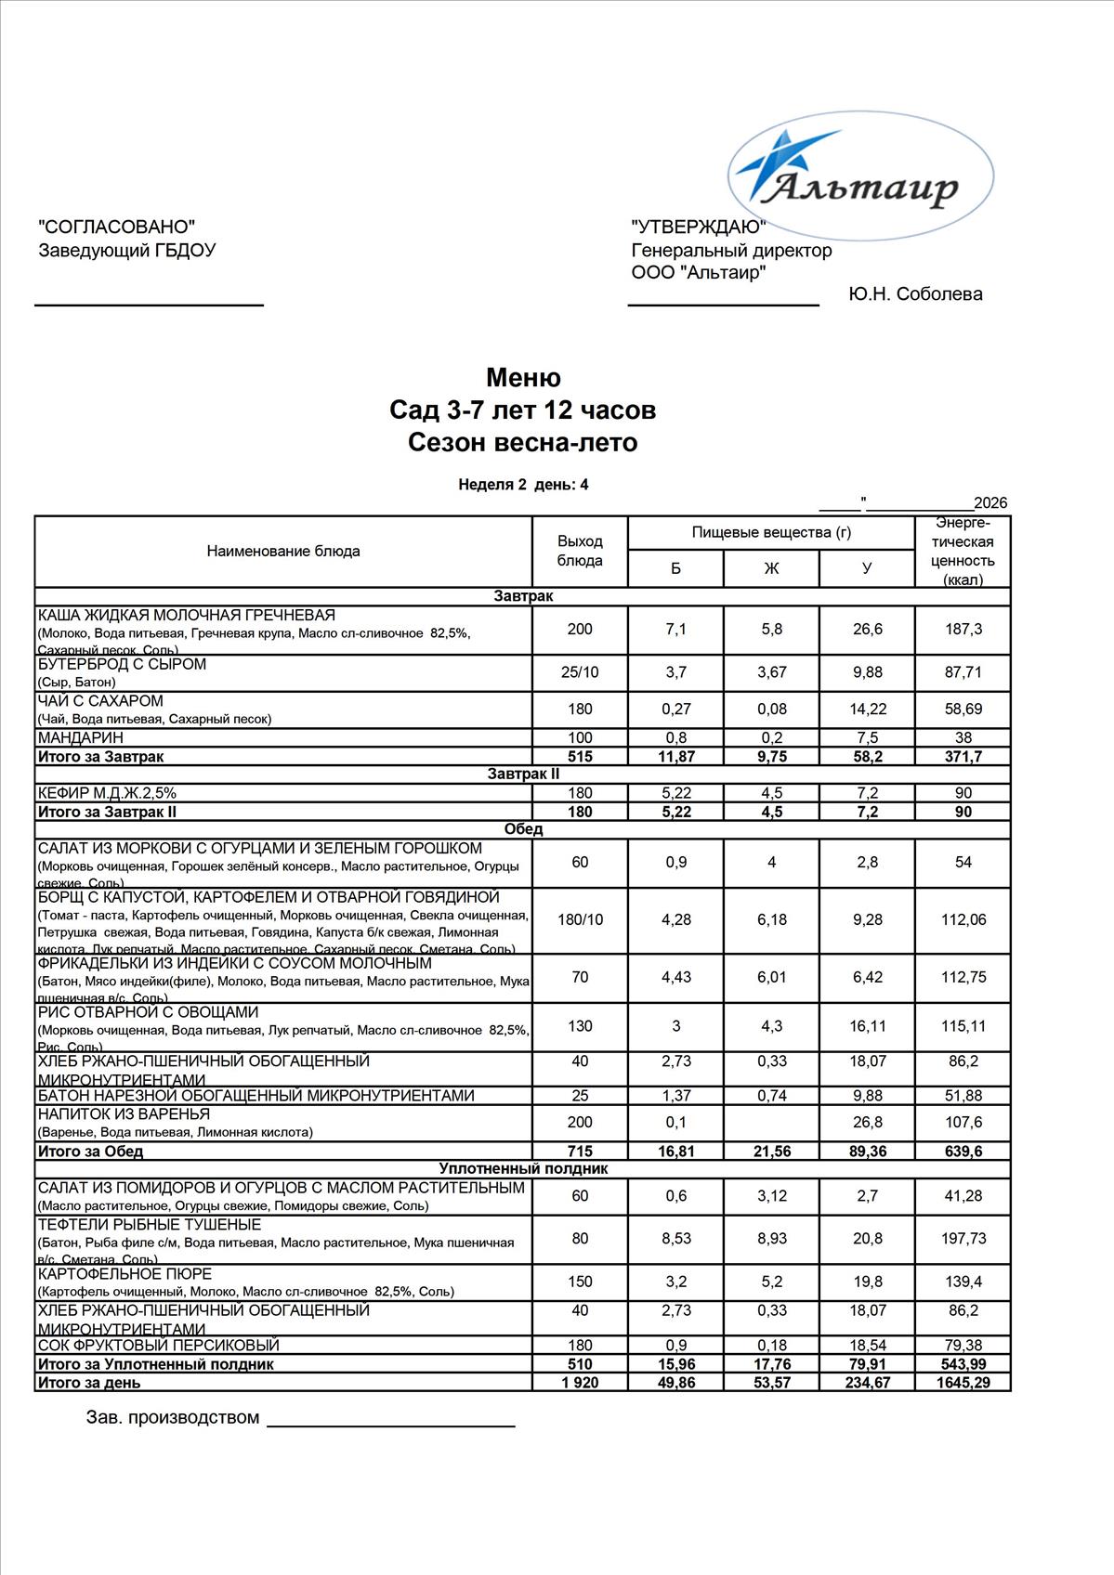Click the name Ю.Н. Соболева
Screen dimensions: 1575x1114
[915, 294]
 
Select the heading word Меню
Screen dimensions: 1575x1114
[523, 378]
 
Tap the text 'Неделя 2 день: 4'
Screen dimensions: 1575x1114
[523, 484]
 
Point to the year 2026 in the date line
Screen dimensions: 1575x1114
[990, 503]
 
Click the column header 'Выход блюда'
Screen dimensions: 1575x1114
[580, 551]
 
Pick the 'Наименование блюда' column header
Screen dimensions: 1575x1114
[283, 551]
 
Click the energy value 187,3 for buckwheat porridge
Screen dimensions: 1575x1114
[963, 630]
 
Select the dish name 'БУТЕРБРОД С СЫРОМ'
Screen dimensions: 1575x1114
[122, 665]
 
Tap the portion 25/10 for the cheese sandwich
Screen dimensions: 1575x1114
[580, 672]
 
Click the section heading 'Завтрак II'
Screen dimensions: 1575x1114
[523, 774]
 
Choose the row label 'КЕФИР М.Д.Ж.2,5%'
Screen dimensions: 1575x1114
[107, 793]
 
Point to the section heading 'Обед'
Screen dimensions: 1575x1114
[523, 828]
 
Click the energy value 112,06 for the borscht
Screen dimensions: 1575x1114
[963, 919]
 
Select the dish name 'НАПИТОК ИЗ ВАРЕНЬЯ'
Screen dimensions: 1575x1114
[124, 1113]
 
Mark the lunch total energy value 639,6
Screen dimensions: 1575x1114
[963, 1152]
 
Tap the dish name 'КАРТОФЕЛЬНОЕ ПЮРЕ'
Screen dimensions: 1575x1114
[125, 1273]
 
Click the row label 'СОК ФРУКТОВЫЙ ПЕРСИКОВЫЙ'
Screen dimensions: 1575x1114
[158, 1345]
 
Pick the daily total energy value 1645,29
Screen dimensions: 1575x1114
[963, 1383]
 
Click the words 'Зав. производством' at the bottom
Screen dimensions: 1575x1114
[173, 1417]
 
